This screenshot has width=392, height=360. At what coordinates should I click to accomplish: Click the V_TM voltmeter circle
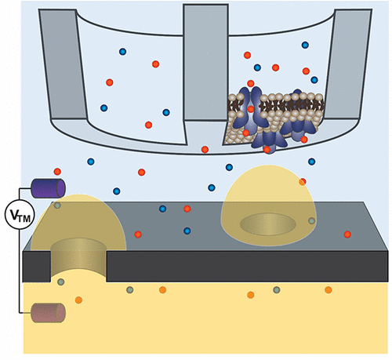click(20, 214)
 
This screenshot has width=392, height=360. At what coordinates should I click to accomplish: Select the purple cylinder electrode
click(48, 188)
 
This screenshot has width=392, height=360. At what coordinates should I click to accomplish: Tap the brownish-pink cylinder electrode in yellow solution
click(48, 313)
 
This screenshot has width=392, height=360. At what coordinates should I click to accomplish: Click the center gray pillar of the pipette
click(205, 63)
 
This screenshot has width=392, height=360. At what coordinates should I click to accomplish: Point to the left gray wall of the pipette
click(63, 64)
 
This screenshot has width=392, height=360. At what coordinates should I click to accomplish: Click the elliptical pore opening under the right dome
click(268, 224)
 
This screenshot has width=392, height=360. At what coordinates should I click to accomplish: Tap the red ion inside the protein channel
click(251, 109)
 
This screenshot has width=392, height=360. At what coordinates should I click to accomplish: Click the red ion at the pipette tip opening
click(205, 150)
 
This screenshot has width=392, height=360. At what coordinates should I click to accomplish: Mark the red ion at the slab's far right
click(347, 235)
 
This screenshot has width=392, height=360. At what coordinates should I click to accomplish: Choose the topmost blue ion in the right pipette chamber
click(305, 45)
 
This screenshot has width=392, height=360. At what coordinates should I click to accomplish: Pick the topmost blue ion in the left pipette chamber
click(122, 52)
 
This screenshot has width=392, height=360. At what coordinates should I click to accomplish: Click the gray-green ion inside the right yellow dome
click(311, 221)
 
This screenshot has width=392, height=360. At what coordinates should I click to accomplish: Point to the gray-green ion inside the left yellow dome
click(57, 205)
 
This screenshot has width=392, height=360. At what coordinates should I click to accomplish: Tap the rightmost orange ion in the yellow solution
click(328, 289)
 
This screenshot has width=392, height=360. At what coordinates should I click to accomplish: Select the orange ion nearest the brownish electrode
click(78, 300)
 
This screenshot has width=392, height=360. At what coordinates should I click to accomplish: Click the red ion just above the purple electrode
click(57, 172)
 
